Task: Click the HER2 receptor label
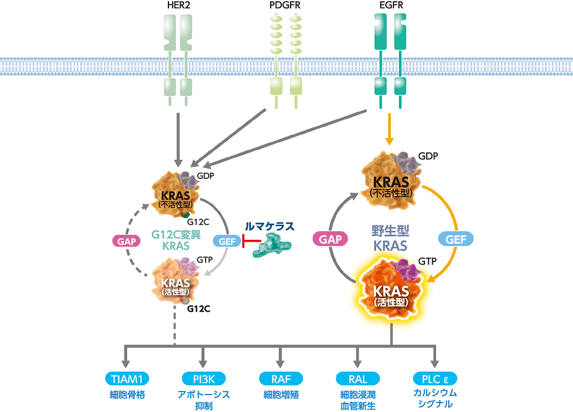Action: [x=178, y=7]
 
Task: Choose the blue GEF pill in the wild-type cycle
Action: [x=456, y=238]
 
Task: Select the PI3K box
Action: [x=203, y=379]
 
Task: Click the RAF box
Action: [x=281, y=379]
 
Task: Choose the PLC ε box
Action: [x=435, y=379]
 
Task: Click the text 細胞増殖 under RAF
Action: [x=281, y=394]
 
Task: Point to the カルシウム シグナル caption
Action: [x=435, y=399]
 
